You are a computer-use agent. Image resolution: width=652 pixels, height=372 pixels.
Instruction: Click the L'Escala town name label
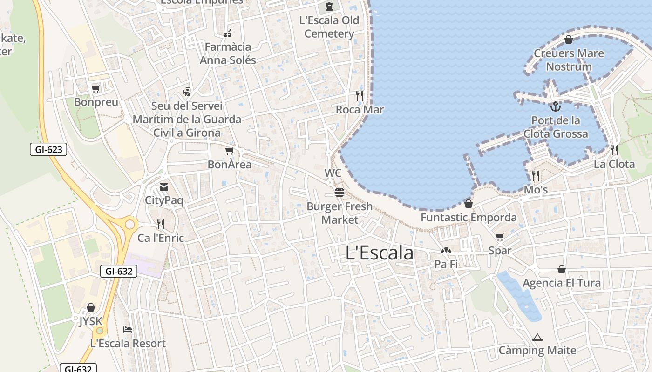click(x=380, y=253)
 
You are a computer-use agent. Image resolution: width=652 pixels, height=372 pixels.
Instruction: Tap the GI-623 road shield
click(x=48, y=149)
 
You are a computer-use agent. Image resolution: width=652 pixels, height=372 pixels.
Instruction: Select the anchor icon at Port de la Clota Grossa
click(x=555, y=107)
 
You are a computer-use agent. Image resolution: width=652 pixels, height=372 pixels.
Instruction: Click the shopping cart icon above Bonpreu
click(x=96, y=88)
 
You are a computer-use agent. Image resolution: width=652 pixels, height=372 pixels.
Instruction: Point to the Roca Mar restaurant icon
click(x=359, y=96)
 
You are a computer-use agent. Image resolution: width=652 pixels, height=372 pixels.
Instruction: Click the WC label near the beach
click(x=333, y=173)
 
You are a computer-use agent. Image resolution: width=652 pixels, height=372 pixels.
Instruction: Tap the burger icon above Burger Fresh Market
click(x=339, y=193)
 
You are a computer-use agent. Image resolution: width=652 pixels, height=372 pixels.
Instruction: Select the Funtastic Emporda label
click(x=469, y=218)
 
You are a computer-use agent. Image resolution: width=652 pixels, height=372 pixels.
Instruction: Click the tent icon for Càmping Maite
click(x=537, y=337)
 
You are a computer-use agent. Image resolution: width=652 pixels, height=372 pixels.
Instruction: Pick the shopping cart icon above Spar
click(x=500, y=237)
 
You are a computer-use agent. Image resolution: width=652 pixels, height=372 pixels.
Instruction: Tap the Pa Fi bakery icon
click(x=446, y=251)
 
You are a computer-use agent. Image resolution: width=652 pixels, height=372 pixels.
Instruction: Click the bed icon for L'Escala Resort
click(x=128, y=330)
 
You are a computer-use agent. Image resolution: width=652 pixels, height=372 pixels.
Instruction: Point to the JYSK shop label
click(x=90, y=321)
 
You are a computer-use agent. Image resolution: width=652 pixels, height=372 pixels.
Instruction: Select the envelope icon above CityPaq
click(x=164, y=187)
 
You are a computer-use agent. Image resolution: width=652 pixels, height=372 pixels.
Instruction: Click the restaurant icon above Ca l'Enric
click(x=161, y=224)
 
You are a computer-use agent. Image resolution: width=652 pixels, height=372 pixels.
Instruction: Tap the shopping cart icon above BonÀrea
click(x=229, y=151)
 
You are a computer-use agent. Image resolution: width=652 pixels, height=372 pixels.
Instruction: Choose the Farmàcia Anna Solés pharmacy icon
click(x=228, y=33)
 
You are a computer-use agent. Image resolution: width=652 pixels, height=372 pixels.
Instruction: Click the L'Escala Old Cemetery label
click(x=329, y=27)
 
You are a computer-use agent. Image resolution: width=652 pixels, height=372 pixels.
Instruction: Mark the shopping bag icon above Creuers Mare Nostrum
click(x=568, y=40)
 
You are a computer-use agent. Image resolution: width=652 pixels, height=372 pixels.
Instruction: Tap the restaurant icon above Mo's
click(x=536, y=176)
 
